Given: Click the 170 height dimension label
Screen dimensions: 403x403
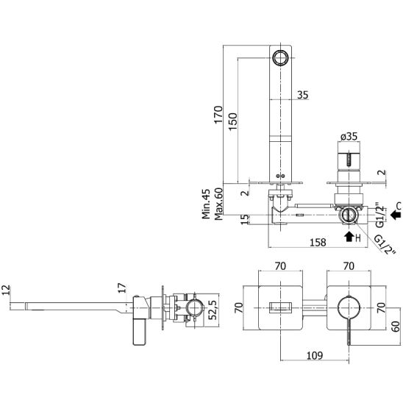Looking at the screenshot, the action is [218, 115].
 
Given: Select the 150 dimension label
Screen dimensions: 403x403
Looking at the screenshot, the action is [233, 121].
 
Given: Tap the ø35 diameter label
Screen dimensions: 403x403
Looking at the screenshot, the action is [349, 137].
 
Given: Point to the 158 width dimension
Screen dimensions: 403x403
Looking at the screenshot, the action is [318, 242].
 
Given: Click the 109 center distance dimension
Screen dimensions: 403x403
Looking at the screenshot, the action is [315, 355].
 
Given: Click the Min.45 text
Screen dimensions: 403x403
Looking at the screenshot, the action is [206, 204].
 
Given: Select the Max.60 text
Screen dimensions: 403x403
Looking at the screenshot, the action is [218, 204].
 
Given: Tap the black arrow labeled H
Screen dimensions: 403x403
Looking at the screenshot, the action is [349, 237].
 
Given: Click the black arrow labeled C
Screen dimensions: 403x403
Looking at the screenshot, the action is [396, 214].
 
